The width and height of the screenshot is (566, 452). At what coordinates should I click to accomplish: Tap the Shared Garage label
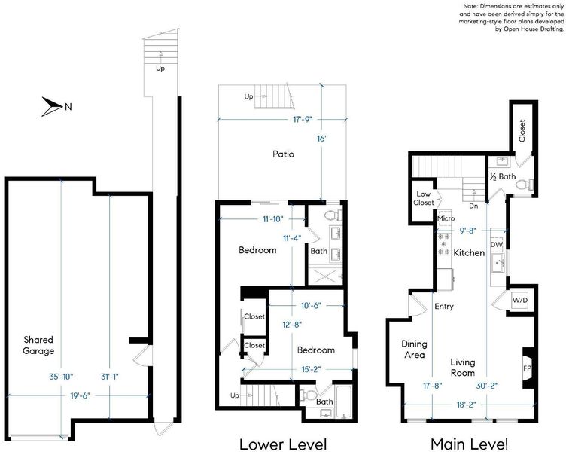click(x=38, y=345)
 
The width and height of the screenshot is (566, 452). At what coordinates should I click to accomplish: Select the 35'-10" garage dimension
click(x=61, y=377)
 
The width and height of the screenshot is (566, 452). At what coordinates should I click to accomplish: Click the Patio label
click(x=283, y=154)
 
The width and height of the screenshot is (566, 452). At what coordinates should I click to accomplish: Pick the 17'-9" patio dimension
click(x=302, y=119)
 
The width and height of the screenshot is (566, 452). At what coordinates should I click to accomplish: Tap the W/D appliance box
click(x=520, y=300)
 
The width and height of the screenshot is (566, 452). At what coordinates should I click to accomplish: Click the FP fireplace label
click(x=527, y=368)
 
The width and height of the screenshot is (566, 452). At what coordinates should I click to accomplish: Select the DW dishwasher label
click(x=497, y=245)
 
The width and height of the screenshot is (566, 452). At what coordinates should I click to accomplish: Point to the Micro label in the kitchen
click(x=446, y=218)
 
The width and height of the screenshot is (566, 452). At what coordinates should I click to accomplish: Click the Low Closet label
click(x=424, y=198)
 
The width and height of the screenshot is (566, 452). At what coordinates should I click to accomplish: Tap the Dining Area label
click(x=414, y=350)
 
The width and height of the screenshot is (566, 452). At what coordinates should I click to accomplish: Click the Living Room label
click(x=462, y=367)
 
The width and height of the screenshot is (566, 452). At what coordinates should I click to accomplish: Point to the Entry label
click(x=444, y=307)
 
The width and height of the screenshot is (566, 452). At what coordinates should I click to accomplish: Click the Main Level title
click(x=470, y=444)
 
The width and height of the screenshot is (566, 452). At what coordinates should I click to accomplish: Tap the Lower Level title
click(x=283, y=444)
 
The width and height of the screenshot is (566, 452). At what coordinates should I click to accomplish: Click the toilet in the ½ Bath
click(x=524, y=185)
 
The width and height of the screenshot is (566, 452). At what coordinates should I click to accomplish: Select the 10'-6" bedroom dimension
click(x=311, y=306)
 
